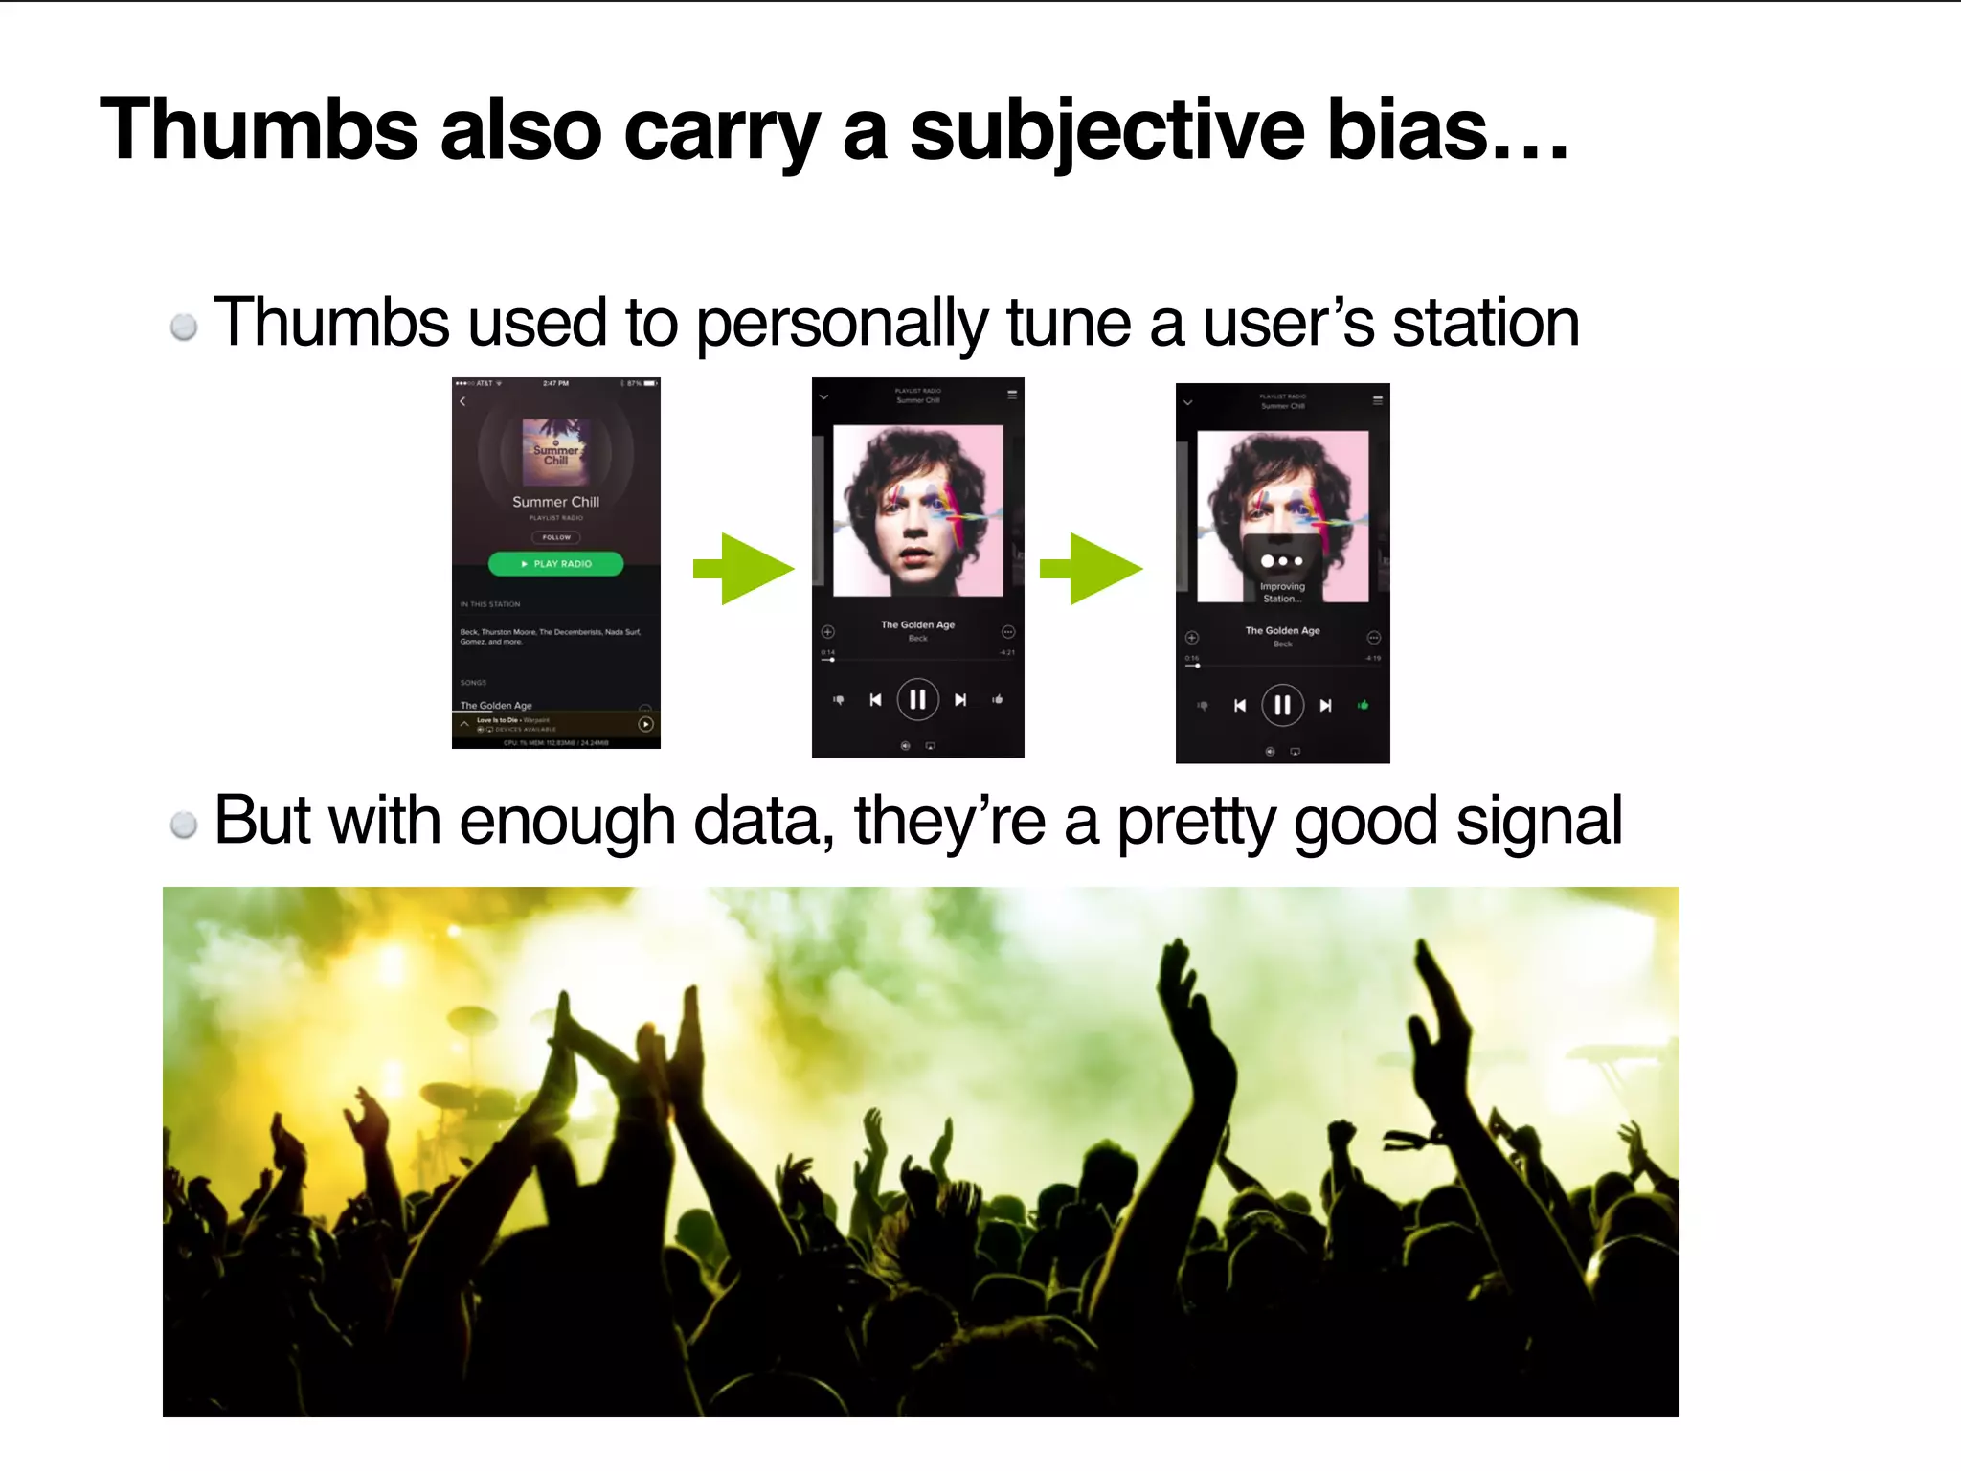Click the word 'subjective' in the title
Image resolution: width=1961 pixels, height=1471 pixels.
1106,131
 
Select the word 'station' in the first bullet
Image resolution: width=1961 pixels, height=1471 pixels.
1485,323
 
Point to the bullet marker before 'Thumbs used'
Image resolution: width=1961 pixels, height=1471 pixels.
184,328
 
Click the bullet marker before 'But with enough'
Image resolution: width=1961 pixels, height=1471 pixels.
184,825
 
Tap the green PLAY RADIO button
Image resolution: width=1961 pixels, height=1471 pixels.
555,564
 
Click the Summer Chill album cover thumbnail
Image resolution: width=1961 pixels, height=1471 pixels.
555,451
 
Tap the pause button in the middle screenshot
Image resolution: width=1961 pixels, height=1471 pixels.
917,700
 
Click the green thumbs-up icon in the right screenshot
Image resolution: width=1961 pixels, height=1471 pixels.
1363,706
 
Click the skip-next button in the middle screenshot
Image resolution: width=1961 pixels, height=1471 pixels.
960,700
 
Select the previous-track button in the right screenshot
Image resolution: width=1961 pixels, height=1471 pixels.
1240,706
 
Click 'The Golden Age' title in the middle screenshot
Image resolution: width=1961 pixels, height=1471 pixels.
917,624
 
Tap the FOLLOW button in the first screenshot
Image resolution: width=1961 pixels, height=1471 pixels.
555,537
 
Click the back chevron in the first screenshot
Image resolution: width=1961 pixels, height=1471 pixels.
463,402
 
